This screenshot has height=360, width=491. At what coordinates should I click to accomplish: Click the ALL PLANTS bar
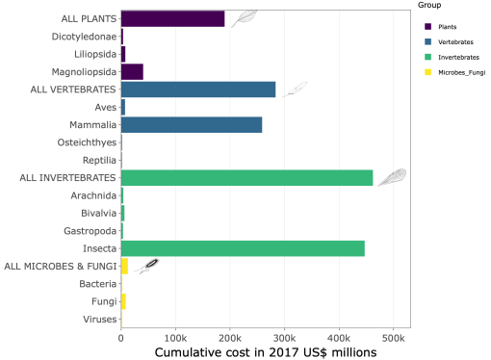click(172, 18)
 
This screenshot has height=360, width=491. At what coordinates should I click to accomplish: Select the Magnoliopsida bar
click(132, 71)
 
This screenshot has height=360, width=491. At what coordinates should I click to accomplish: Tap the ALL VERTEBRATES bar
click(197, 90)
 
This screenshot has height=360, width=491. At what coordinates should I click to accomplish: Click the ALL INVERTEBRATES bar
click(246, 177)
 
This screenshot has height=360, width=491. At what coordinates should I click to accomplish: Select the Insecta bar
click(243, 248)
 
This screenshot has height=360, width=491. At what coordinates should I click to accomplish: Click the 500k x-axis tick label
click(393, 338)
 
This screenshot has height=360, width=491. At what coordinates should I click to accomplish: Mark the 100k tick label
click(175, 338)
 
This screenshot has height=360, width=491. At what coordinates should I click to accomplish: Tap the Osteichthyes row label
click(85, 142)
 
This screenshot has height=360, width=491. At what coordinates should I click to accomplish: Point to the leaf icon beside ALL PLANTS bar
click(244, 17)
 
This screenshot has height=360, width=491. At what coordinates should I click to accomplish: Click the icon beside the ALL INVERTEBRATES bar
click(391, 176)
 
